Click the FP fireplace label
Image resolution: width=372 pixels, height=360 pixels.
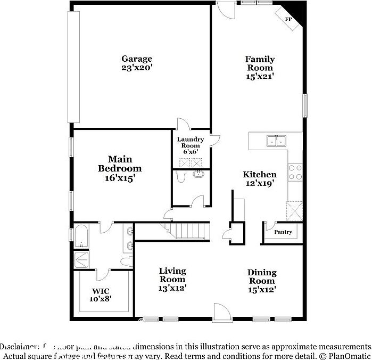(x=289, y=19)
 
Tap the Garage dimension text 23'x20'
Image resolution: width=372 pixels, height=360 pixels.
(x=137, y=68)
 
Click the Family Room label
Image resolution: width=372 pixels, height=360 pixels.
(x=259, y=63)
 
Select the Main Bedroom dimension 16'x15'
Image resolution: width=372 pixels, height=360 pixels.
(x=120, y=178)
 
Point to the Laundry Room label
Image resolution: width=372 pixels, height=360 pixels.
(x=190, y=142)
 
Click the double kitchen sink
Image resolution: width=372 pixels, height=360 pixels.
(x=276, y=141)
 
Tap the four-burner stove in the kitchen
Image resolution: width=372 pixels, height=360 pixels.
(x=295, y=172)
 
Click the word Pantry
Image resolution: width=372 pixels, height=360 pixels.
(x=283, y=232)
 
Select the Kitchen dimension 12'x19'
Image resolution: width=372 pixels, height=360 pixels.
(x=260, y=184)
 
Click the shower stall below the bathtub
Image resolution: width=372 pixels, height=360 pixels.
(x=81, y=259)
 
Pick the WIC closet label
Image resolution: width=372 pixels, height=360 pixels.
(x=101, y=291)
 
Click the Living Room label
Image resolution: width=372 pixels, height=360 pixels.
(x=172, y=275)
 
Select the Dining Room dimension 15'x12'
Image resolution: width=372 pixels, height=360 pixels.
(x=262, y=290)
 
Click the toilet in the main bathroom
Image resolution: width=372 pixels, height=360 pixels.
(x=126, y=261)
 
